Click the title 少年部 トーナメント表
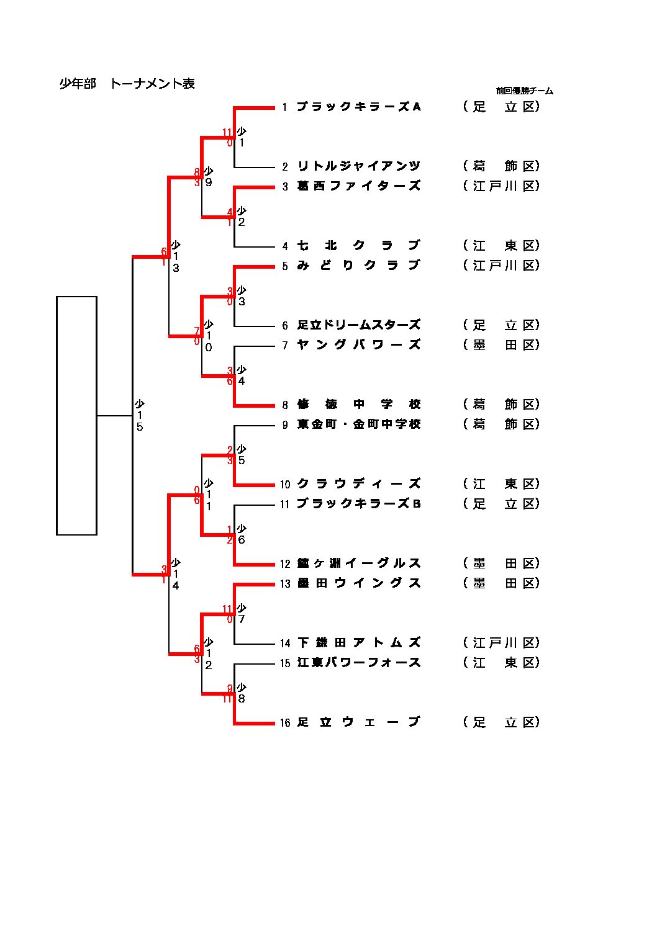[127, 84]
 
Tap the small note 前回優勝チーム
[524, 91]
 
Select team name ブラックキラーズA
[359, 107]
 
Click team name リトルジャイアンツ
[359, 166]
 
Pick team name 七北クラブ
[359, 246]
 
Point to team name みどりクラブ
[359, 266]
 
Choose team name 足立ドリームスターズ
[359, 325]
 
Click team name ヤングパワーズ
[359, 345]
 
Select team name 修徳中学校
[359, 405]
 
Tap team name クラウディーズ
[359, 484]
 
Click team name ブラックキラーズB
[359, 504]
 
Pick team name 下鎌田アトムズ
[359, 643]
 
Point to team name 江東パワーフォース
[359, 663]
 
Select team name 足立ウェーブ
[359, 722]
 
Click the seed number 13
[285, 584]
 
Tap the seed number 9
[285, 425]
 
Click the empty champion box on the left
[76, 415]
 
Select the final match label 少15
[140, 415]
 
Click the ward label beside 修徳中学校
[501, 405]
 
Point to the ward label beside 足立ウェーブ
[501, 722]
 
